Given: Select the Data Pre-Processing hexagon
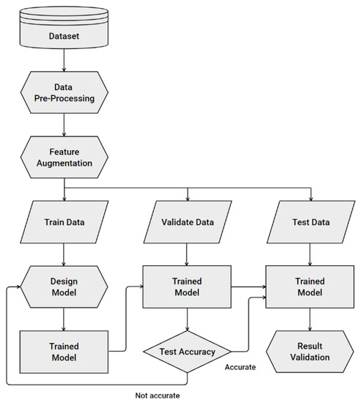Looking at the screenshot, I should point(65,91).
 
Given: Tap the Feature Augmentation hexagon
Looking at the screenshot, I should point(65,155).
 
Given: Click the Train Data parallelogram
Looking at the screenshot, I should point(65,221).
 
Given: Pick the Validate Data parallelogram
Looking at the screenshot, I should point(188,221).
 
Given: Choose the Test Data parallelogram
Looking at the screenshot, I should point(311,221).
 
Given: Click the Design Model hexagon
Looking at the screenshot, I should point(65,286).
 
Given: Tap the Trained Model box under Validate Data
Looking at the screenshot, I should point(188,286).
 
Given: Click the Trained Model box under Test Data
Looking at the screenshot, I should point(311,286).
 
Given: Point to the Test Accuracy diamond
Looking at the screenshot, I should point(188,352).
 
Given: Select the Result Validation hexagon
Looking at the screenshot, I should point(311,352).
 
